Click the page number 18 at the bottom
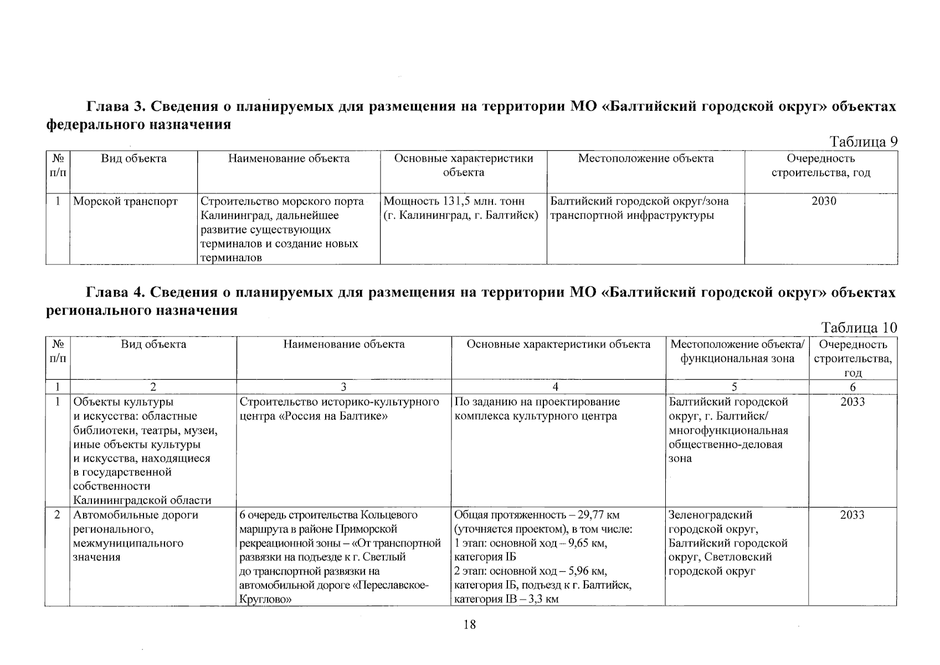[469, 625]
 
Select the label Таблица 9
[862, 142]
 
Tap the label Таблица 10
[859, 328]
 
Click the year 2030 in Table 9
[824, 201]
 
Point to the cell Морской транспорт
[126, 201]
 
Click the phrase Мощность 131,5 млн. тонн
[454, 201]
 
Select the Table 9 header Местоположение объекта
[645, 158]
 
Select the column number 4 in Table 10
[555, 387]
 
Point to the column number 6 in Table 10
[852, 387]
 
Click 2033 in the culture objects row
[852, 402]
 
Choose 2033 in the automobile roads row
[852, 515]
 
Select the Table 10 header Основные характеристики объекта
[558, 344]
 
